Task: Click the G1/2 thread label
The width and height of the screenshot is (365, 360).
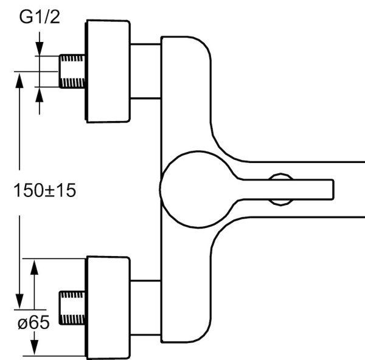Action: point(40,18)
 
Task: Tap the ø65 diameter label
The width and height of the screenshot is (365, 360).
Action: point(33,324)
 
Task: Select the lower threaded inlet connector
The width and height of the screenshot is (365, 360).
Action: point(72,306)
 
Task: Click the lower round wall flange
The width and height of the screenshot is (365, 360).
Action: point(108,306)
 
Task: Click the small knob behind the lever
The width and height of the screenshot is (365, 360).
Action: point(280,177)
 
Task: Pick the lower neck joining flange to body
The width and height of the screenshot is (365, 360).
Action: point(145,306)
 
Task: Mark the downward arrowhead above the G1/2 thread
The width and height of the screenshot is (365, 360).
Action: point(40,48)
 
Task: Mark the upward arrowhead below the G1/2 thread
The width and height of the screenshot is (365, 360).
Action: point(40,94)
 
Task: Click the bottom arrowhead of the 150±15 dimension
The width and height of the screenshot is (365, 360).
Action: point(19,302)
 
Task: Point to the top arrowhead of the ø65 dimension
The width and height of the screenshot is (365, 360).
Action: point(35,265)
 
